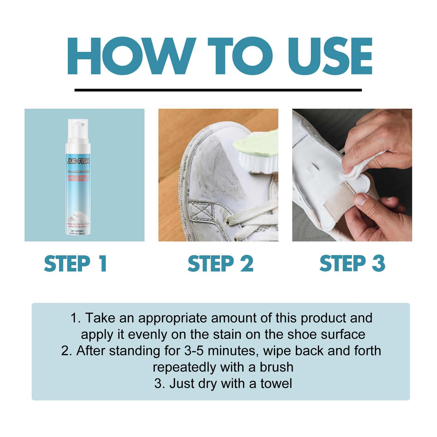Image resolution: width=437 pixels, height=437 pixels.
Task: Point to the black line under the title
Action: pos(218,90)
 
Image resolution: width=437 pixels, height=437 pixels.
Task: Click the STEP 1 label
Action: pos(76,264)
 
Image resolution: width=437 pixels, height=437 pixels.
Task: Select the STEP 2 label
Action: pos(220,264)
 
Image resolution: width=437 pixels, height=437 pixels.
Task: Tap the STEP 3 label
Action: pos(352,264)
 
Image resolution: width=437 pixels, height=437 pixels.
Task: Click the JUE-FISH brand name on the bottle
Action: pos(78,161)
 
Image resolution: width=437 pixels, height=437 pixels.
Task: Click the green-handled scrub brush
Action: pos(257,151)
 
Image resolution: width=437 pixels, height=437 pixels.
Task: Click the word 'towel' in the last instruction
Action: pos(276,383)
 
